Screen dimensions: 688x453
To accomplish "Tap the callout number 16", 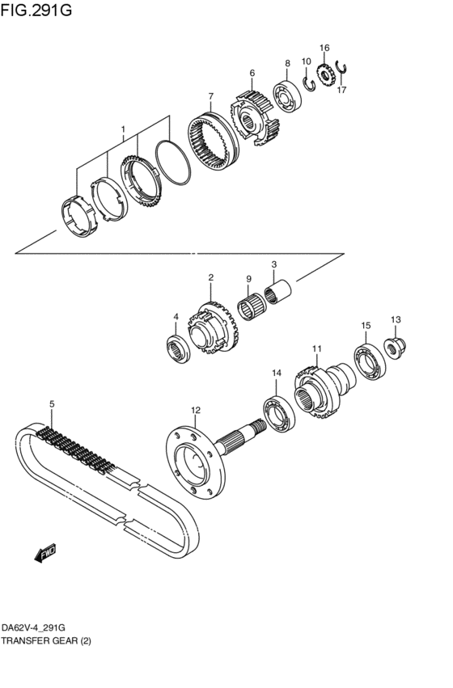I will [324, 49].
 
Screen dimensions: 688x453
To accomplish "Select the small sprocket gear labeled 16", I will [327, 77].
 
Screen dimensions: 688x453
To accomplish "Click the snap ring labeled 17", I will [342, 74].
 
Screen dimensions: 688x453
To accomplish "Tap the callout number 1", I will [123, 129].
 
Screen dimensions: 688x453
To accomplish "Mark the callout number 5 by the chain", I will [51, 403].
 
